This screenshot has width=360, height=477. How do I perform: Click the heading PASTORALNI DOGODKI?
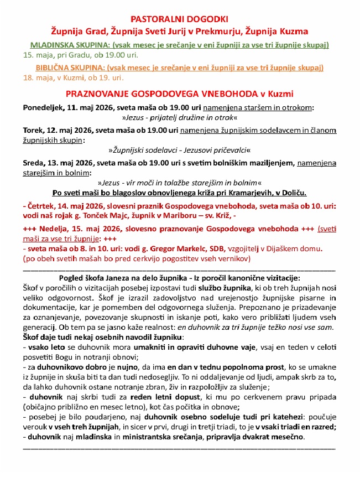[180, 18]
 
